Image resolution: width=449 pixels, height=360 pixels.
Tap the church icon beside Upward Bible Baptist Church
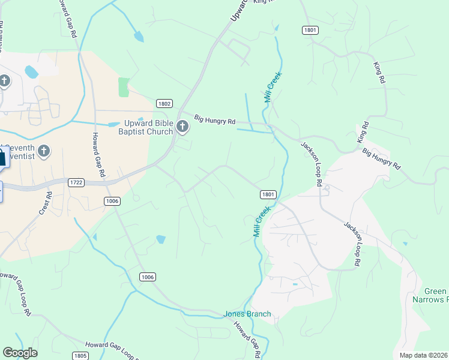click(182, 126)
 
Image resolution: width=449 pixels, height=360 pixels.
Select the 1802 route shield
click(164, 103)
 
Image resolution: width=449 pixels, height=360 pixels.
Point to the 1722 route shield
click(76, 182)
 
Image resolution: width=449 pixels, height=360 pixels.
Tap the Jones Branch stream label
click(247, 314)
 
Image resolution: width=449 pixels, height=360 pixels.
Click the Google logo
click(20, 353)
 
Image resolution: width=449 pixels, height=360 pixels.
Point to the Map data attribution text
click(423, 355)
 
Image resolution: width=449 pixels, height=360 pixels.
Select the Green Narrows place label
click(432, 295)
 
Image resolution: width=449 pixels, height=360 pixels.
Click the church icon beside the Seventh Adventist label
click(43, 151)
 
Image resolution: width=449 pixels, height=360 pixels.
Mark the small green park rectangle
click(124, 87)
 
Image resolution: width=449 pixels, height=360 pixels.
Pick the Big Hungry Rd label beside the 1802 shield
click(214, 121)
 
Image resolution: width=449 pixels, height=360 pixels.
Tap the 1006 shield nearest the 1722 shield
click(112, 200)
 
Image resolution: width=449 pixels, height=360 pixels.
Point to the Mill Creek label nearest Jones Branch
click(259, 221)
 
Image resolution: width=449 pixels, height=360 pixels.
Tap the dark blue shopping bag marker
click(2, 160)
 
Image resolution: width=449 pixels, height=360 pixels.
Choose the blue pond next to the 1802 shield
click(114, 125)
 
